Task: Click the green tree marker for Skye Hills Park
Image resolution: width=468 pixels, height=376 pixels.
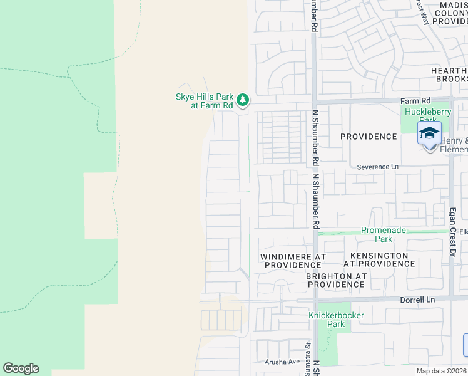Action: (x=243, y=100)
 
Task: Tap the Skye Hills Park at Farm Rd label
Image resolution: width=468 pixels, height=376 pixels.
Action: (x=204, y=101)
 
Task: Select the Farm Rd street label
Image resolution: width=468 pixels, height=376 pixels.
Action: (x=417, y=100)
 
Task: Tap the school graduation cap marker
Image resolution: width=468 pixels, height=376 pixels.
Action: (x=430, y=134)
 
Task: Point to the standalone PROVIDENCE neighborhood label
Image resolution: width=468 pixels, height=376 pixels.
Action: (x=369, y=137)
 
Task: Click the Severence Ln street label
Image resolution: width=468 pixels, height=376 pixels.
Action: (x=378, y=167)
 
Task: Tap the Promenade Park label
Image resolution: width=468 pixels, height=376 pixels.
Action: (x=384, y=234)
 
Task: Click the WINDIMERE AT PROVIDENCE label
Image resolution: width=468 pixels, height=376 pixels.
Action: (x=293, y=261)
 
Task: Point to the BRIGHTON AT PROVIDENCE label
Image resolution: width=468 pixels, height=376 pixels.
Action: (x=336, y=280)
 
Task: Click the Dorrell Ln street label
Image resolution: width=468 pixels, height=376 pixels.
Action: (x=418, y=300)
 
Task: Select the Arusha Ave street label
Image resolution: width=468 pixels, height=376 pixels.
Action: (x=282, y=362)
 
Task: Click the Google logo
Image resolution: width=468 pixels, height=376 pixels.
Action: (x=21, y=368)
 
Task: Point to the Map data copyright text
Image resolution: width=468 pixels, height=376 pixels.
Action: (x=442, y=371)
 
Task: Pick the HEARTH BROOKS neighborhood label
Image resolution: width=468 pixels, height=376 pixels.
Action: (x=449, y=75)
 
